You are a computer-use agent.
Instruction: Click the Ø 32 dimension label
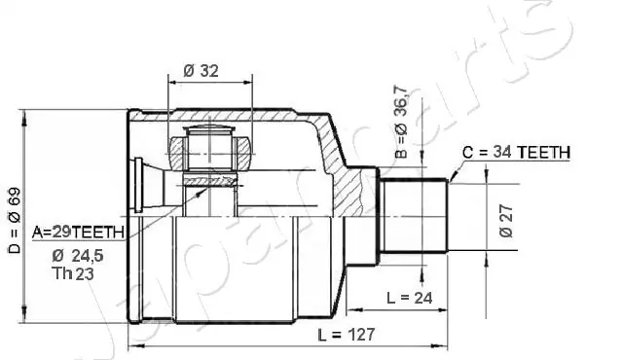pos(202,71)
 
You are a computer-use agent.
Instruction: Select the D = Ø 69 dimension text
pos(15,220)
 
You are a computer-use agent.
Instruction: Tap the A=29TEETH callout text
pos(78,233)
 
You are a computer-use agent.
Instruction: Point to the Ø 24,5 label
pos(78,256)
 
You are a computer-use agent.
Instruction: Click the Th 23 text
pos(73,273)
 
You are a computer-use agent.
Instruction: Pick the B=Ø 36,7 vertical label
pos(401,122)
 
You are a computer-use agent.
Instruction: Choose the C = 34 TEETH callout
pos(516,152)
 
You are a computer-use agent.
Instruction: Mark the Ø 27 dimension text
pos(506,221)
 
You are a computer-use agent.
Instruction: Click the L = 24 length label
pos(409,298)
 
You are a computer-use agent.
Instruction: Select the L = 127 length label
pos(347,335)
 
